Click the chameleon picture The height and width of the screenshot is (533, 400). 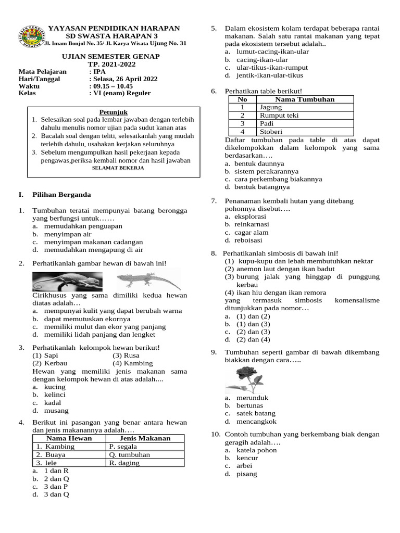coord(66,282)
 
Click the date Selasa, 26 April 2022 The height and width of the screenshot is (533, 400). coord(126,79)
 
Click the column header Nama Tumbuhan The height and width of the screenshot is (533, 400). coord(305,99)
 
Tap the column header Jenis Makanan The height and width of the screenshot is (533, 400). coord(145,438)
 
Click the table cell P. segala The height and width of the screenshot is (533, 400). coord(123,447)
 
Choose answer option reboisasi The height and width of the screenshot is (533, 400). coord(249,240)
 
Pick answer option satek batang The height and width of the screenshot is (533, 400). coord(256,414)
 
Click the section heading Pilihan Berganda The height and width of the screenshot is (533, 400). coord(61,195)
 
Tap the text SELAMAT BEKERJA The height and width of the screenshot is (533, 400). coord(118,169)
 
